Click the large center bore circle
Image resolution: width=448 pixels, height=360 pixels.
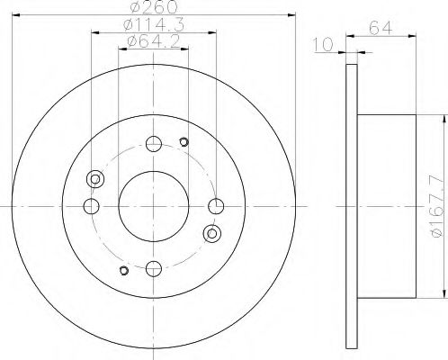coord(152,205)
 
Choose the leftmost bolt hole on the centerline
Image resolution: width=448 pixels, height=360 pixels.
coord(90,206)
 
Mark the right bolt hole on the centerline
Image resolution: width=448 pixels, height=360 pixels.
coord(214,206)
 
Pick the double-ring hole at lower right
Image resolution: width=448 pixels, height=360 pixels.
coord(212,233)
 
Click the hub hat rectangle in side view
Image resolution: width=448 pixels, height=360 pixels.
coord(387,206)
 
